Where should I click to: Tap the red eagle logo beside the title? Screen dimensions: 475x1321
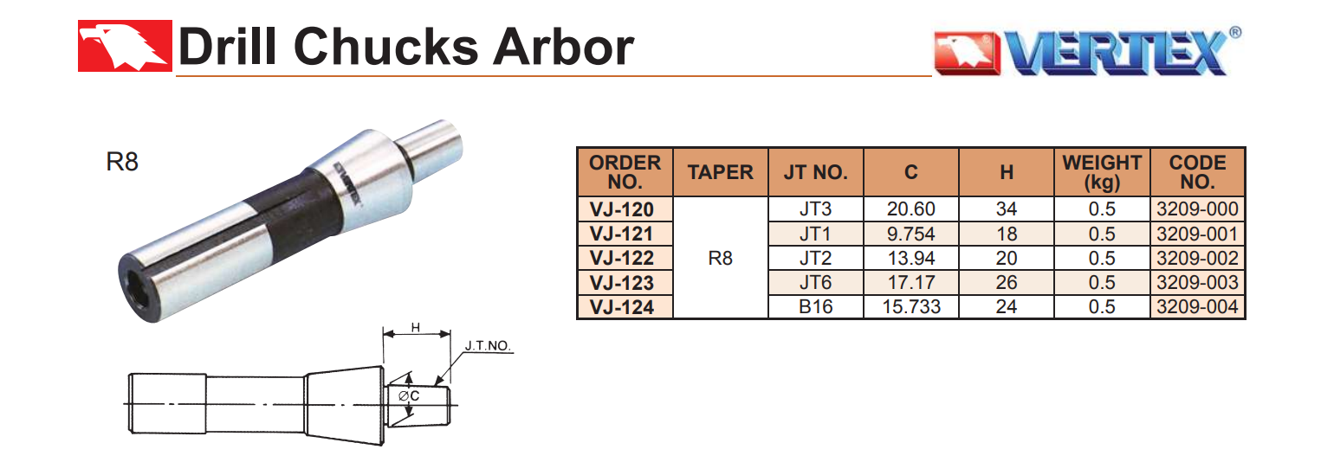click(x=124, y=46)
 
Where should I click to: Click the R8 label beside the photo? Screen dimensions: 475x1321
click(x=121, y=162)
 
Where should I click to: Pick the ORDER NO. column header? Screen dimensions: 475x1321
click(x=625, y=172)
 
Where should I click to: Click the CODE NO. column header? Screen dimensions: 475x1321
click(x=1197, y=172)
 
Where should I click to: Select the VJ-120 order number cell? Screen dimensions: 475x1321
click(x=625, y=209)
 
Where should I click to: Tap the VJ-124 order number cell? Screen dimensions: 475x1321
click(x=625, y=306)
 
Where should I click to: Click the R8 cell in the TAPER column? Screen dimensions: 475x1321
click(x=720, y=258)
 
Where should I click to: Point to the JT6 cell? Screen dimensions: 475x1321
click(x=815, y=282)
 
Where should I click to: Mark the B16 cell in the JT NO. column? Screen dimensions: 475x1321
click(x=815, y=306)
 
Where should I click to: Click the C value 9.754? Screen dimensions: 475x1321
click(x=910, y=234)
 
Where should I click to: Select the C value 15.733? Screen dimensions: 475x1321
click(x=910, y=306)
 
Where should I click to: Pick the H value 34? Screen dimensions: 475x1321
click(x=1006, y=209)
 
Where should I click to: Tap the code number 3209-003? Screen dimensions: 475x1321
click(x=1197, y=282)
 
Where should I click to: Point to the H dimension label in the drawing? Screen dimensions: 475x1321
click(x=416, y=327)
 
